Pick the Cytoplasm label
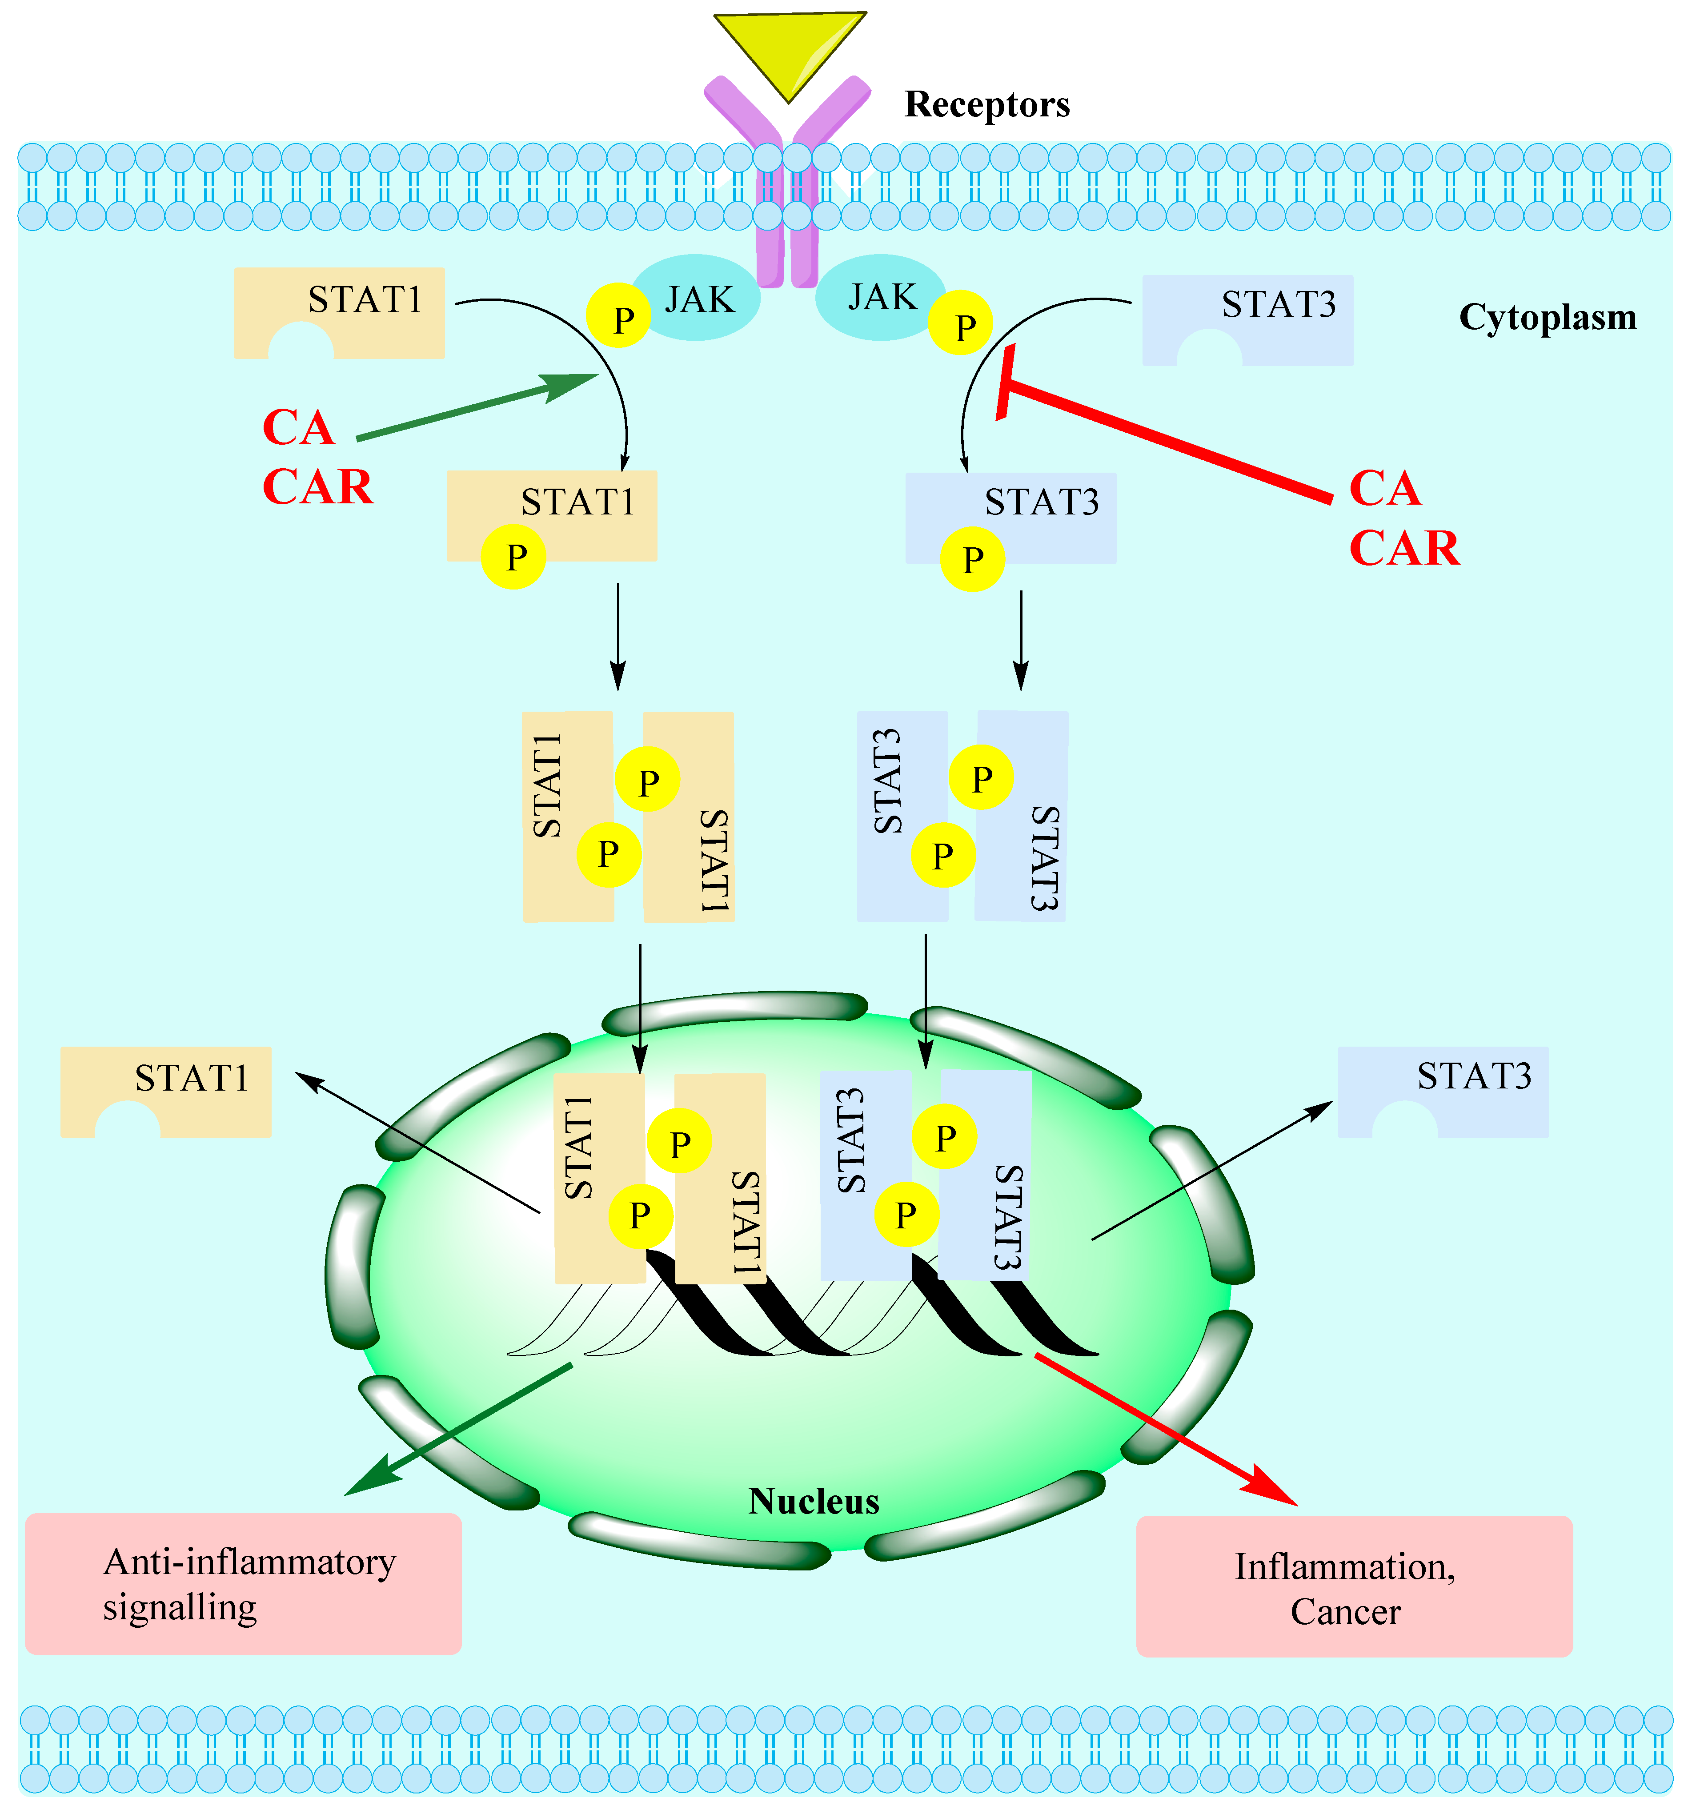pos(1548,317)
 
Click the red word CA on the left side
pos(298,428)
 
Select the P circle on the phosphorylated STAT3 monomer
pos(973,559)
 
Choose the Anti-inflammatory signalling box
pos(244,1584)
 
